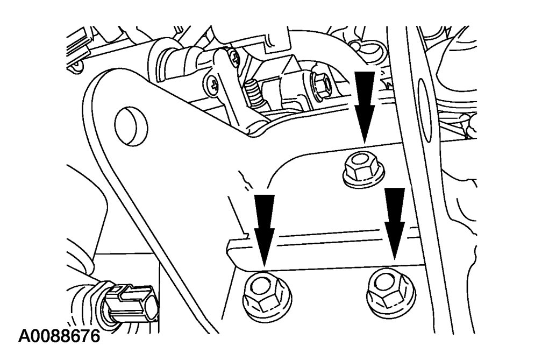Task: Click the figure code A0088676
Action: click(x=59, y=336)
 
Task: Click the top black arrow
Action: click(x=365, y=107)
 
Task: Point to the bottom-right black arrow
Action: click(x=395, y=224)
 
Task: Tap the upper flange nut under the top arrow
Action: click(x=363, y=170)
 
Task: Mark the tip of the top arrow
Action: click(x=365, y=143)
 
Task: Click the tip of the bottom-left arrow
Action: click(x=264, y=265)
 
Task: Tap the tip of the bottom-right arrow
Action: click(x=395, y=259)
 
